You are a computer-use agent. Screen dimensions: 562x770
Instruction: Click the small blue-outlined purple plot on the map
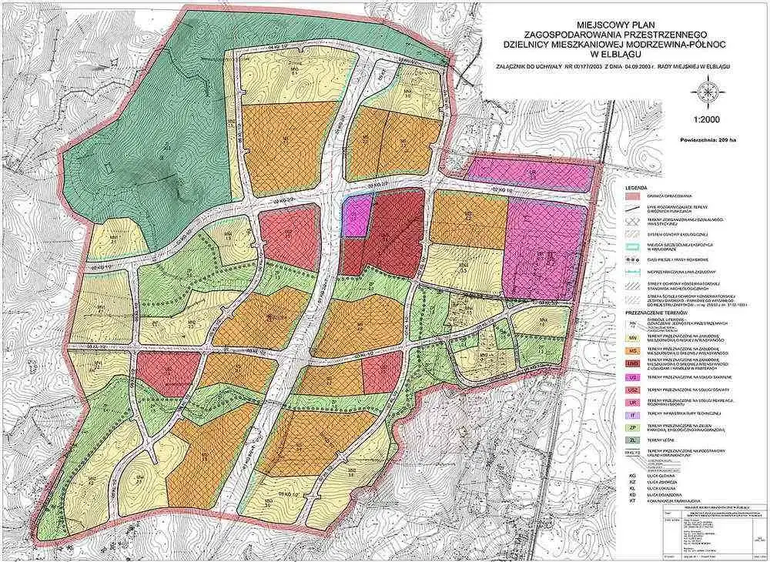pos(353,215)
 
